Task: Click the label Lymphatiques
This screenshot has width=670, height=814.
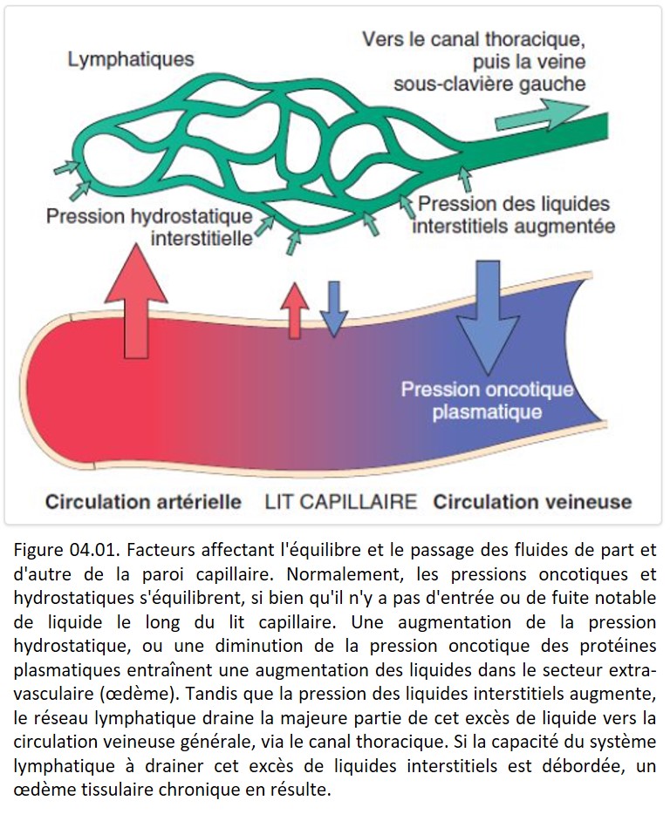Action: tap(131, 60)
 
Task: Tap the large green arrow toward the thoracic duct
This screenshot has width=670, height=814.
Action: tap(541, 116)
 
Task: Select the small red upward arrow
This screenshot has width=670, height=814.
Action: tap(295, 310)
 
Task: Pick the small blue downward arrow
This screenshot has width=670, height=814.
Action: tap(334, 309)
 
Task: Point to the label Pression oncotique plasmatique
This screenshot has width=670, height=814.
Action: tap(487, 401)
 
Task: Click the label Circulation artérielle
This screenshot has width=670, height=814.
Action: tap(143, 502)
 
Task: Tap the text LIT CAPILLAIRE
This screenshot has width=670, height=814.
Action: tap(341, 502)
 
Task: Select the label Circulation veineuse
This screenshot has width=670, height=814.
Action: tap(532, 502)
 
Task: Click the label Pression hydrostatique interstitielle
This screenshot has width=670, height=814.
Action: tap(150, 227)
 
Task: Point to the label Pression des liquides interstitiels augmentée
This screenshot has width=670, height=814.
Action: tap(514, 215)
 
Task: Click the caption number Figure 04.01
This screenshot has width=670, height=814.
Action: tap(67, 549)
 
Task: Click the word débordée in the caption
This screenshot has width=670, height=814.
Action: tap(566, 766)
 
